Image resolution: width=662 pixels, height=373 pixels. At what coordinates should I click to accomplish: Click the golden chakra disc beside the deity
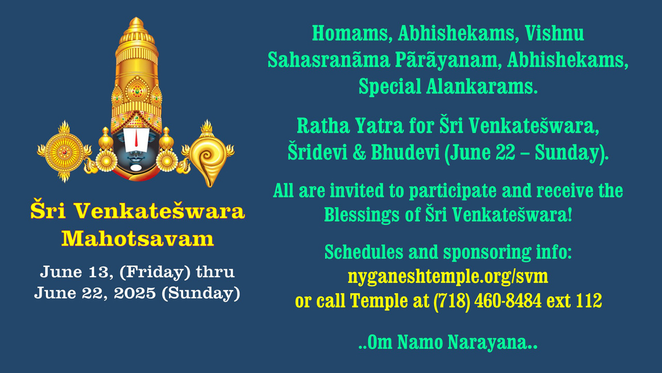click(64, 152)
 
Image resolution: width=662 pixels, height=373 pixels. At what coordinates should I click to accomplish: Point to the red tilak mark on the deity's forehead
click(136, 138)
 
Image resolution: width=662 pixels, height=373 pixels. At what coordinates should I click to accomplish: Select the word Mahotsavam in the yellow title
click(138, 239)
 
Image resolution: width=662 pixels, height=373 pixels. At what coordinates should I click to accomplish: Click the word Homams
click(350, 34)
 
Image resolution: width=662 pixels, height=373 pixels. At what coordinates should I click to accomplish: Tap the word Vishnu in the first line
click(554, 33)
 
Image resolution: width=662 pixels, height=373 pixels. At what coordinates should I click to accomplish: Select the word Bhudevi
click(405, 152)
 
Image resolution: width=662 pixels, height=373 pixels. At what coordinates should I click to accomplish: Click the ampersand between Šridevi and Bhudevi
click(359, 153)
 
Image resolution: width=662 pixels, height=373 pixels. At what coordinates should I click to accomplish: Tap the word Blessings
click(362, 214)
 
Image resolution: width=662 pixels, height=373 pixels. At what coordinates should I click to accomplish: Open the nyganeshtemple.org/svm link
click(448, 277)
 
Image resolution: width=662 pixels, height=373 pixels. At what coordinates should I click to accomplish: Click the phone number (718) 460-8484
click(487, 301)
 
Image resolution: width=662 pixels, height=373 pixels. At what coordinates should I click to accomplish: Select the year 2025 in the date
click(135, 293)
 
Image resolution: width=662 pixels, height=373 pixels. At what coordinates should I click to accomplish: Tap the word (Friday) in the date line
click(155, 272)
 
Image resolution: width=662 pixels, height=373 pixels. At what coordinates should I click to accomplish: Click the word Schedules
click(364, 252)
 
